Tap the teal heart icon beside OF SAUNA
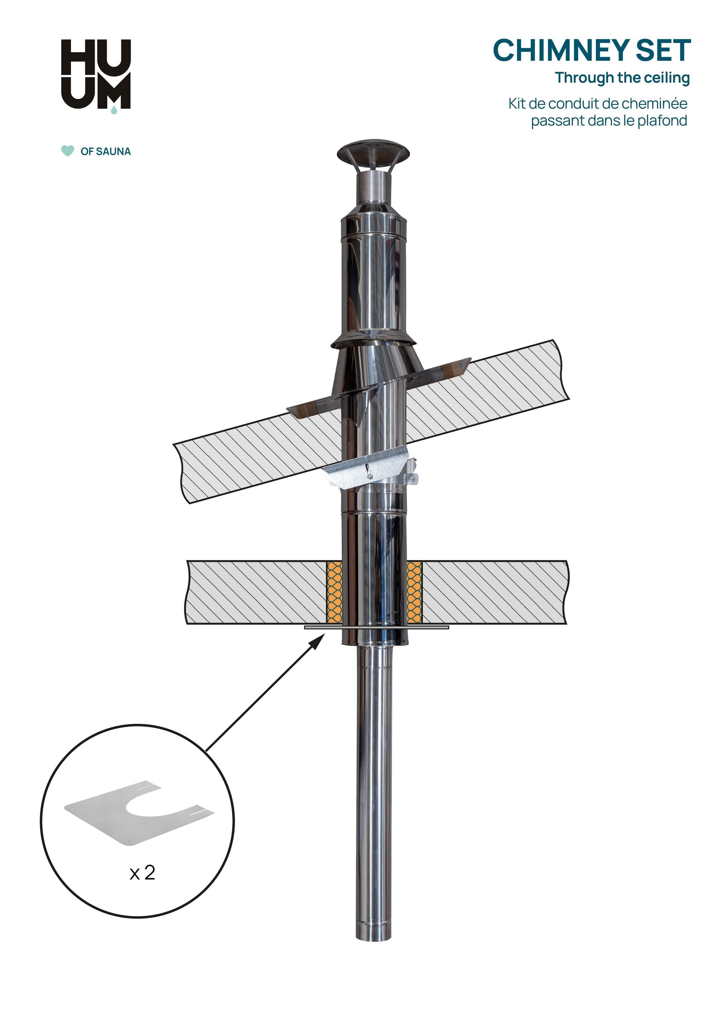point(68,151)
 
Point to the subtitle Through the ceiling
point(622,78)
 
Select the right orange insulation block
point(414,592)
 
